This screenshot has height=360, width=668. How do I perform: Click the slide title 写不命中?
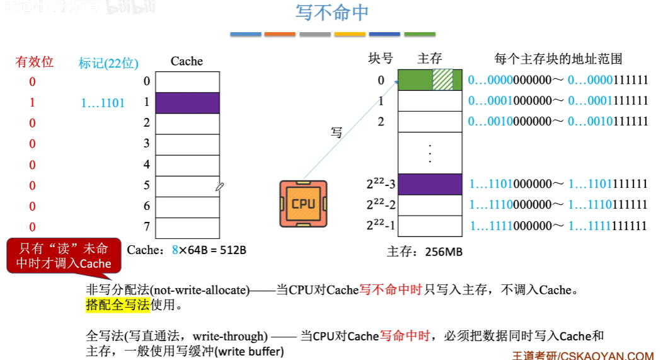click(x=332, y=13)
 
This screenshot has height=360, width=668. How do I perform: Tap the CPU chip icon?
click(x=303, y=204)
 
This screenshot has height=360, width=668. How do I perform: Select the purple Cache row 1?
click(x=187, y=103)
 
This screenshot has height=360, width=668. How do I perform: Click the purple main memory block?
click(x=430, y=183)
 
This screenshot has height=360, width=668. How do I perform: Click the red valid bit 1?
click(x=33, y=102)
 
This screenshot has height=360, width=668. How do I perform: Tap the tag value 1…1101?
click(x=103, y=103)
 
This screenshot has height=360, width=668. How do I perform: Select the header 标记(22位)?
click(x=108, y=62)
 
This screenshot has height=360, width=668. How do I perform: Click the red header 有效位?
click(x=35, y=62)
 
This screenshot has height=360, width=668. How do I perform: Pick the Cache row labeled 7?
click(x=187, y=227)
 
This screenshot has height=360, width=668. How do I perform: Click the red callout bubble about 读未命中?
click(x=63, y=256)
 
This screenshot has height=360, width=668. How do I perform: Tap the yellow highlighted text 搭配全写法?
click(x=118, y=306)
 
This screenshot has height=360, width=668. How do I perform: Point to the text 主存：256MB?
click(x=425, y=252)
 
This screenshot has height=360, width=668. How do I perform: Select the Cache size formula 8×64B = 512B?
click(x=209, y=250)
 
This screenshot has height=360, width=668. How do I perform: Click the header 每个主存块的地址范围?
click(x=558, y=59)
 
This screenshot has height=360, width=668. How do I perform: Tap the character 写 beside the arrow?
click(x=337, y=132)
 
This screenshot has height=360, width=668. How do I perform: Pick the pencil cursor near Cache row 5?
click(x=219, y=187)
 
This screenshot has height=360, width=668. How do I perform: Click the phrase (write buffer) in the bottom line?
click(x=250, y=351)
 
